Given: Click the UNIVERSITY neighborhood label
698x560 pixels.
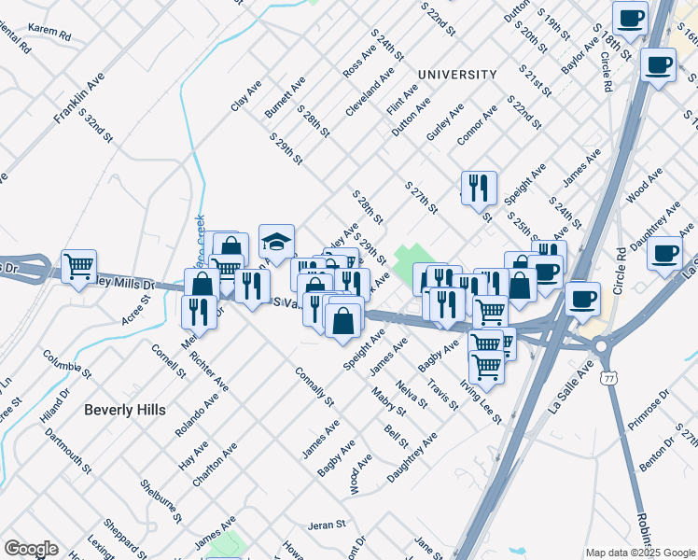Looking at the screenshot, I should pyautogui.click(x=457, y=75).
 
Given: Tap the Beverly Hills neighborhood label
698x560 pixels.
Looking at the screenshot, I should pyautogui.click(x=124, y=410).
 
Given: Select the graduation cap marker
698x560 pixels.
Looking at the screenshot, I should pyautogui.click(x=276, y=243).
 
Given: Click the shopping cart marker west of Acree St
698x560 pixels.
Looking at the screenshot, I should pyautogui.click(x=78, y=267).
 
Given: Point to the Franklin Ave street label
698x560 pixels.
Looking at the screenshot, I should pyautogui.click(x=77, y=102).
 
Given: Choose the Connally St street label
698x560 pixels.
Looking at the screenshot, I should pyautogui.click(x=314, y=387).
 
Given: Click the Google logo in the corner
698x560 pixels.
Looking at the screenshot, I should pyautogui.click(x=30, y=549).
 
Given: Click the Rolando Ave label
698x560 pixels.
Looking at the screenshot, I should pyautogui.click(x=196, y=414).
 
